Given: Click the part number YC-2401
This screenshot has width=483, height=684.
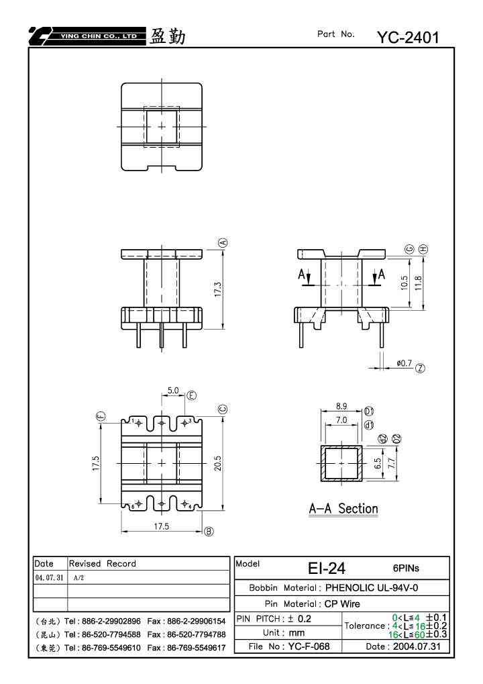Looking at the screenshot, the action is pos(408,38).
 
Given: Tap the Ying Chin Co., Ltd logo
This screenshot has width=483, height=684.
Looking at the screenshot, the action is pos(87,36).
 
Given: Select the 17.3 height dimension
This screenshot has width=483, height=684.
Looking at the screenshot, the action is pos(218,290).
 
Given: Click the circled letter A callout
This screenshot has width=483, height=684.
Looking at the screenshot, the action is pos(223,242).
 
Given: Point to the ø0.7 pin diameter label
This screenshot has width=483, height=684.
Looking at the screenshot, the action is pos(404,363).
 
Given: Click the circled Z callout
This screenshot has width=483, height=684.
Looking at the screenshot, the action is pos(420,368).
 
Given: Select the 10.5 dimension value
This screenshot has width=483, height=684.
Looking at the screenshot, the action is pos(404,283).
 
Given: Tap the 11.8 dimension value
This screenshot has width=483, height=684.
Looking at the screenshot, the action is pos(418,283).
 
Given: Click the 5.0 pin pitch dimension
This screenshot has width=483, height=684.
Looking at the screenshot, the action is pos(173,390).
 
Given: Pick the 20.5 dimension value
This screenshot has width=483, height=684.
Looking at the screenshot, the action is pos(218,463).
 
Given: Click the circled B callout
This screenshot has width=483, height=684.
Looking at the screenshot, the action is pos(209,532).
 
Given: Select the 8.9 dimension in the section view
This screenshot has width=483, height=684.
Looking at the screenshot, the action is pos(341,406).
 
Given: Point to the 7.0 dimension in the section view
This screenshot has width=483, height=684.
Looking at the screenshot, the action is pos(341,420).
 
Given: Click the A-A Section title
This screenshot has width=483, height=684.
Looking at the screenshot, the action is pos(343,509).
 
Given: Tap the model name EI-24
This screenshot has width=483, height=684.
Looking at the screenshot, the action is pos(327,568).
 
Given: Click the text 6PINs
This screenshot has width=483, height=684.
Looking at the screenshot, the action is pos(406,568).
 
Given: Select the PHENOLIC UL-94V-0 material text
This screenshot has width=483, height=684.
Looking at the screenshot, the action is pos(372,587).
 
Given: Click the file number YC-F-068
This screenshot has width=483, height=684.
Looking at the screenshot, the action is pos(309,646).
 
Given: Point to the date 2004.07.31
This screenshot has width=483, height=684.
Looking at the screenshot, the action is pos(417,646).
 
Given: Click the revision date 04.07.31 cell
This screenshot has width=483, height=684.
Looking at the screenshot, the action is pos(49,577).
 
